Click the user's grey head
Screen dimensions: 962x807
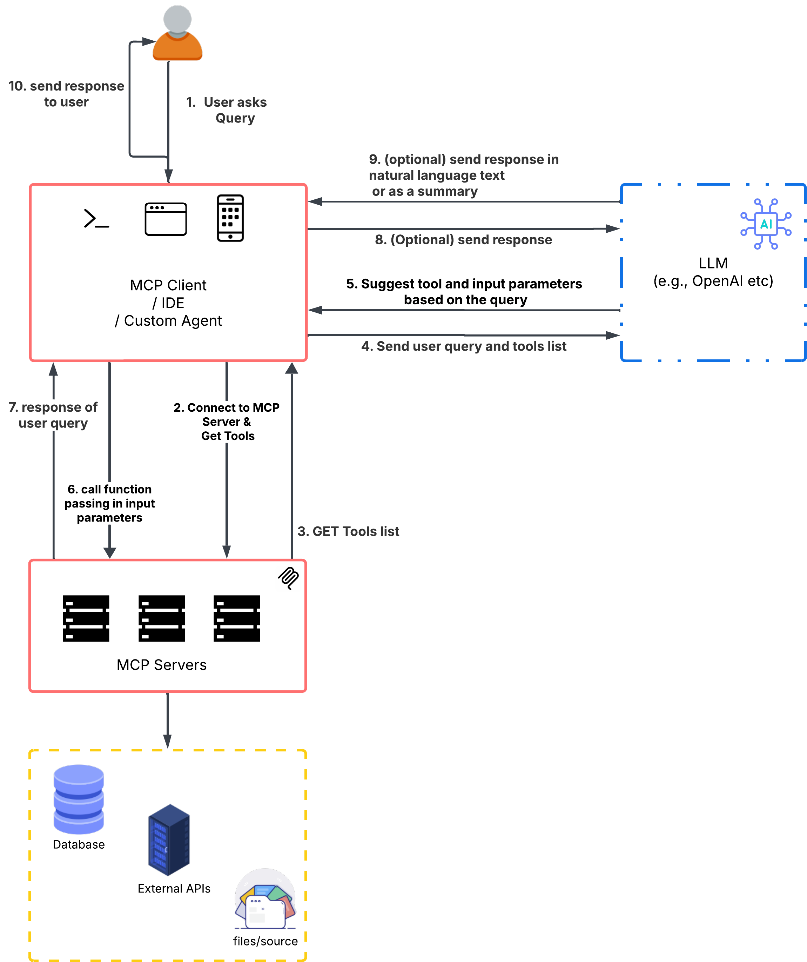pos(177,19)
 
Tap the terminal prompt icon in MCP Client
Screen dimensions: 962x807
pos(96,219)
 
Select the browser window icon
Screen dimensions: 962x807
pos(166,219)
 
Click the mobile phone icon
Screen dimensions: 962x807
pos(230,218)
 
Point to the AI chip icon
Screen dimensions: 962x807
pos(766,224)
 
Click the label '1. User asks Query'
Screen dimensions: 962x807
pos(227,110)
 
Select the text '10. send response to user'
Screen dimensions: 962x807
pos(66,94)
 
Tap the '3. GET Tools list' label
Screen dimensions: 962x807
pos(348,531)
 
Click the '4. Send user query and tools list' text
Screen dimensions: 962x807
pos(463,346)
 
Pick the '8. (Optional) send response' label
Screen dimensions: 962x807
pos(463,240)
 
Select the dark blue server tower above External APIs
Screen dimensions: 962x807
pos(169,840)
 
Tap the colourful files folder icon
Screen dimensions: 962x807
pos(265,899)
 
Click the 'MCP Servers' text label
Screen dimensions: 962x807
pos(162,665)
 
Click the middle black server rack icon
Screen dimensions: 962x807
pos(162,618)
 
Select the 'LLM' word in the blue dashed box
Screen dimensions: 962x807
pos(713,263)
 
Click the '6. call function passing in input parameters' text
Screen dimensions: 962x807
pos(110,503)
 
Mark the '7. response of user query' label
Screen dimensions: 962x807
pos(53,415)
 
